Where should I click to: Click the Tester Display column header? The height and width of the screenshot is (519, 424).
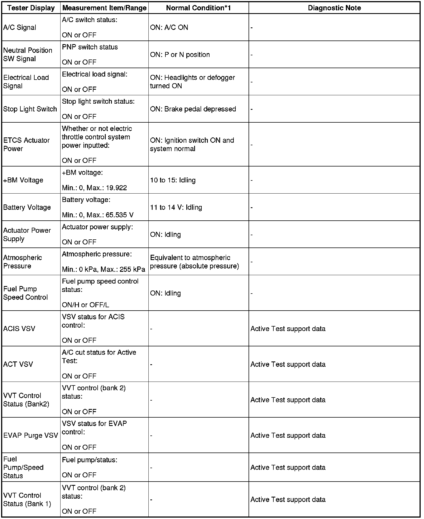(x=31, y=8)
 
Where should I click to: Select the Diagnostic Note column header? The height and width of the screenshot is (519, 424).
(x=334, y=8)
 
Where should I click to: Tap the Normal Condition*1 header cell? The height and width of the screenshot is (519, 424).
(x=198, y=8)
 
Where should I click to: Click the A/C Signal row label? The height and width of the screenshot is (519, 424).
(x=20, y=27)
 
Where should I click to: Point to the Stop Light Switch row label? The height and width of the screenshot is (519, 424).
(x=30, y=109)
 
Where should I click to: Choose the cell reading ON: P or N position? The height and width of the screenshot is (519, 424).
(x=180, y=54)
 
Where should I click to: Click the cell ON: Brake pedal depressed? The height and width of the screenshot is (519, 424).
(x=193, y=109)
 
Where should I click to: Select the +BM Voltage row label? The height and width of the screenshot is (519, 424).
(x=23, y=180)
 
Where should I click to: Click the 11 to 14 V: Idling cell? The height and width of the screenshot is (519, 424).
(x=176, y=207)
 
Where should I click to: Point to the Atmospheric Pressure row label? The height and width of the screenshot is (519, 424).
(x=23, y=262)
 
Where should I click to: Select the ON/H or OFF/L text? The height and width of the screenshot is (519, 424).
(x=85, y=305)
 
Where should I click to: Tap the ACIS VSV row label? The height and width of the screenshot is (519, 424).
(x=19, y=328)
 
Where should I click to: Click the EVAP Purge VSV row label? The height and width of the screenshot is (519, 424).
(x=31, y=435)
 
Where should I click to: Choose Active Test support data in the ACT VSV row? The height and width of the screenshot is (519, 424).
(x=288, y=364)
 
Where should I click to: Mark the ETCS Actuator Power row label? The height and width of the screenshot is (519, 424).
(x=26, y=144)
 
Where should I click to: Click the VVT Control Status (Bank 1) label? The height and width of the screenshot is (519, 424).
(x=27, y=499)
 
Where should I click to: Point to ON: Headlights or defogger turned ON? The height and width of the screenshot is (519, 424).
(x=192, y=82)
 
